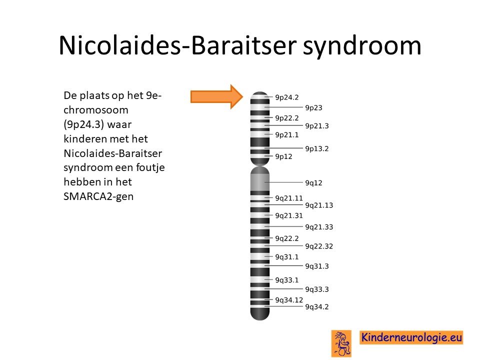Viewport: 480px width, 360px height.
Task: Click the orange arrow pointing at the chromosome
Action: [x=216, y=96]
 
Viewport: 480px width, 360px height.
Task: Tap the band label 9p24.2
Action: [x=286, y=97]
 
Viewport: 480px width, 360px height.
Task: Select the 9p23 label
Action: [x=313, y=107]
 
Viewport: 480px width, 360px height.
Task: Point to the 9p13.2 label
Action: [x=317, y=148]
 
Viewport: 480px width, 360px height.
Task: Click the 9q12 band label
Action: [x=313, y=183]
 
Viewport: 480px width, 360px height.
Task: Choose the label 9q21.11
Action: [x=288, y=198]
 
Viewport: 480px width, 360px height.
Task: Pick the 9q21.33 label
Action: [x=319, y=227]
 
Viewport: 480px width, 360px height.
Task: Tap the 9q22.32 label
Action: [x=319, y=246]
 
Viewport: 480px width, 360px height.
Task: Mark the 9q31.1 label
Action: [x=286, y=257]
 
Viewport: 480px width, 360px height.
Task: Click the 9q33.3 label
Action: [x=317, y=289]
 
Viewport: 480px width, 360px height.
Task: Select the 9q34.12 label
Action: [x=288, y=300]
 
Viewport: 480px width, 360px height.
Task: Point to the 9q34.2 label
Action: [x=317, y=306]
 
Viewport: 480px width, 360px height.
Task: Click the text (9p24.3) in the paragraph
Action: [x=84, y=124]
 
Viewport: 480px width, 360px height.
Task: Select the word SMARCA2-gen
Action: [x=98, y=196]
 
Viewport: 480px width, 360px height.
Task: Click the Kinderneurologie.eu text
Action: [x=411, y=337]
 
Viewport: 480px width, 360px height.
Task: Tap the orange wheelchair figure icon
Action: [x=341, y=343]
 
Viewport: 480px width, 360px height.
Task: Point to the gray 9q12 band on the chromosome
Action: [x=260, y=182]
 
